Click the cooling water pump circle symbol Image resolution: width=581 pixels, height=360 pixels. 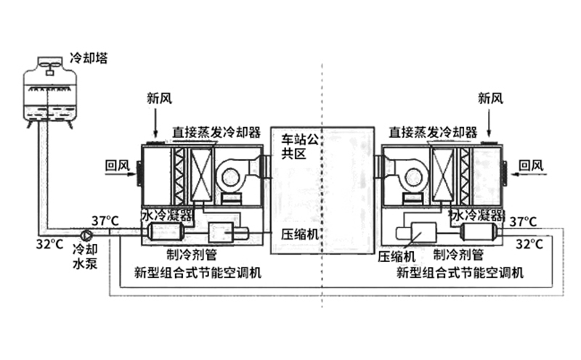coord(87,235)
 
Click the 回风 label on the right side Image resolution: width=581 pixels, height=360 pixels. coord(532,166)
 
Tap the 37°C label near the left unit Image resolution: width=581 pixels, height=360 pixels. coord(105,221)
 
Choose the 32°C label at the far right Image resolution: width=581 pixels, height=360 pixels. coord(529,244)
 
